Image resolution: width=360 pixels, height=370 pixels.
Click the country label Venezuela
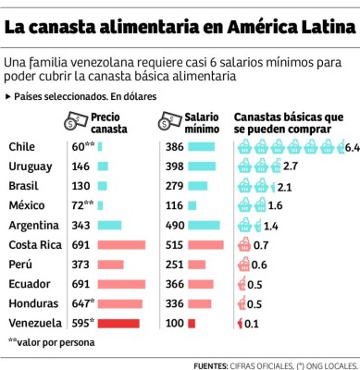click(x=34, y=323)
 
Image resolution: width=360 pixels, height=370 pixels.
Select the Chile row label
click(x=21, y=146)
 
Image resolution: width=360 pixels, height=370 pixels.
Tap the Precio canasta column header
click(x=109, y=124)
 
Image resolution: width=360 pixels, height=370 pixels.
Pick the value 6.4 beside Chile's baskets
click(x=351, y=147)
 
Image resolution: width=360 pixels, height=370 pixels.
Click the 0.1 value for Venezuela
click(x=252, y=323)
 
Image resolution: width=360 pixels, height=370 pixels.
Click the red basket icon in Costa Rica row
click(x=242, y=244)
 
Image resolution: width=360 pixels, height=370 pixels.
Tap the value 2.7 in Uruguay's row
click(x=290, y=166)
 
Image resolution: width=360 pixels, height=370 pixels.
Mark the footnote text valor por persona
click(x=46, y=342)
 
